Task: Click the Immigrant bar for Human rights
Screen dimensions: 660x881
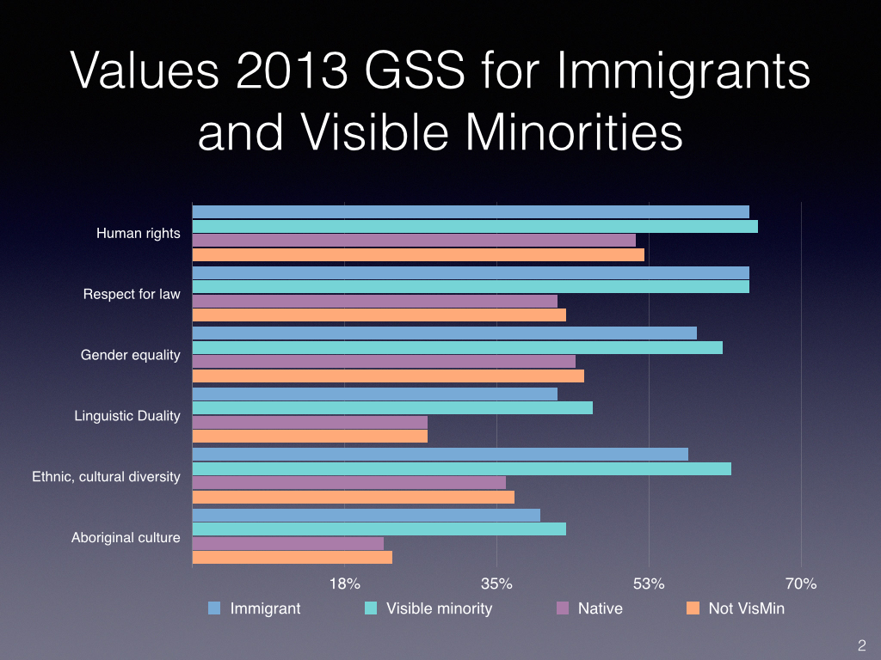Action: point(471,212)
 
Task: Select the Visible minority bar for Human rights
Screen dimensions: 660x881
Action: point(475,227)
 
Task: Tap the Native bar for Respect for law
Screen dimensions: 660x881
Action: point(374,301)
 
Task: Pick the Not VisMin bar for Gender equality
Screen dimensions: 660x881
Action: point(388,376)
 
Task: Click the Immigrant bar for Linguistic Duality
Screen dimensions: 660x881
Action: point(374,394)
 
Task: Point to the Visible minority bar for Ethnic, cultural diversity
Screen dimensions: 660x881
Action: point(461,468)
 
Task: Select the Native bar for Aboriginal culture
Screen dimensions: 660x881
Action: point(287,543)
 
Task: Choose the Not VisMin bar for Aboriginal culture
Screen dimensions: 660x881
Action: point(292,557)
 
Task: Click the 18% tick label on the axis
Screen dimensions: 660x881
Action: point(345,584)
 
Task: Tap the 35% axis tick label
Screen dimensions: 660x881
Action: point(497,584)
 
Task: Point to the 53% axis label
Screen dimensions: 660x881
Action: point(649,584)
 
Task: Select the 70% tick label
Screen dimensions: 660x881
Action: point(801,584)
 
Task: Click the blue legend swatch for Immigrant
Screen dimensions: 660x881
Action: point(214,608)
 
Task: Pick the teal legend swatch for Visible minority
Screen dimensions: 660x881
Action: point(371,608)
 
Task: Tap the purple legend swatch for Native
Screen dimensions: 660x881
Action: point(563,608)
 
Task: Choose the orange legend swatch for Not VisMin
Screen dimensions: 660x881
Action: point(693,608)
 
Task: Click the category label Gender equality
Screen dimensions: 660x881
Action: point(131,355)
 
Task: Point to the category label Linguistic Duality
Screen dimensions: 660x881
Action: point(127,416)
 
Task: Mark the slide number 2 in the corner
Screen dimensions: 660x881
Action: point(861,645)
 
